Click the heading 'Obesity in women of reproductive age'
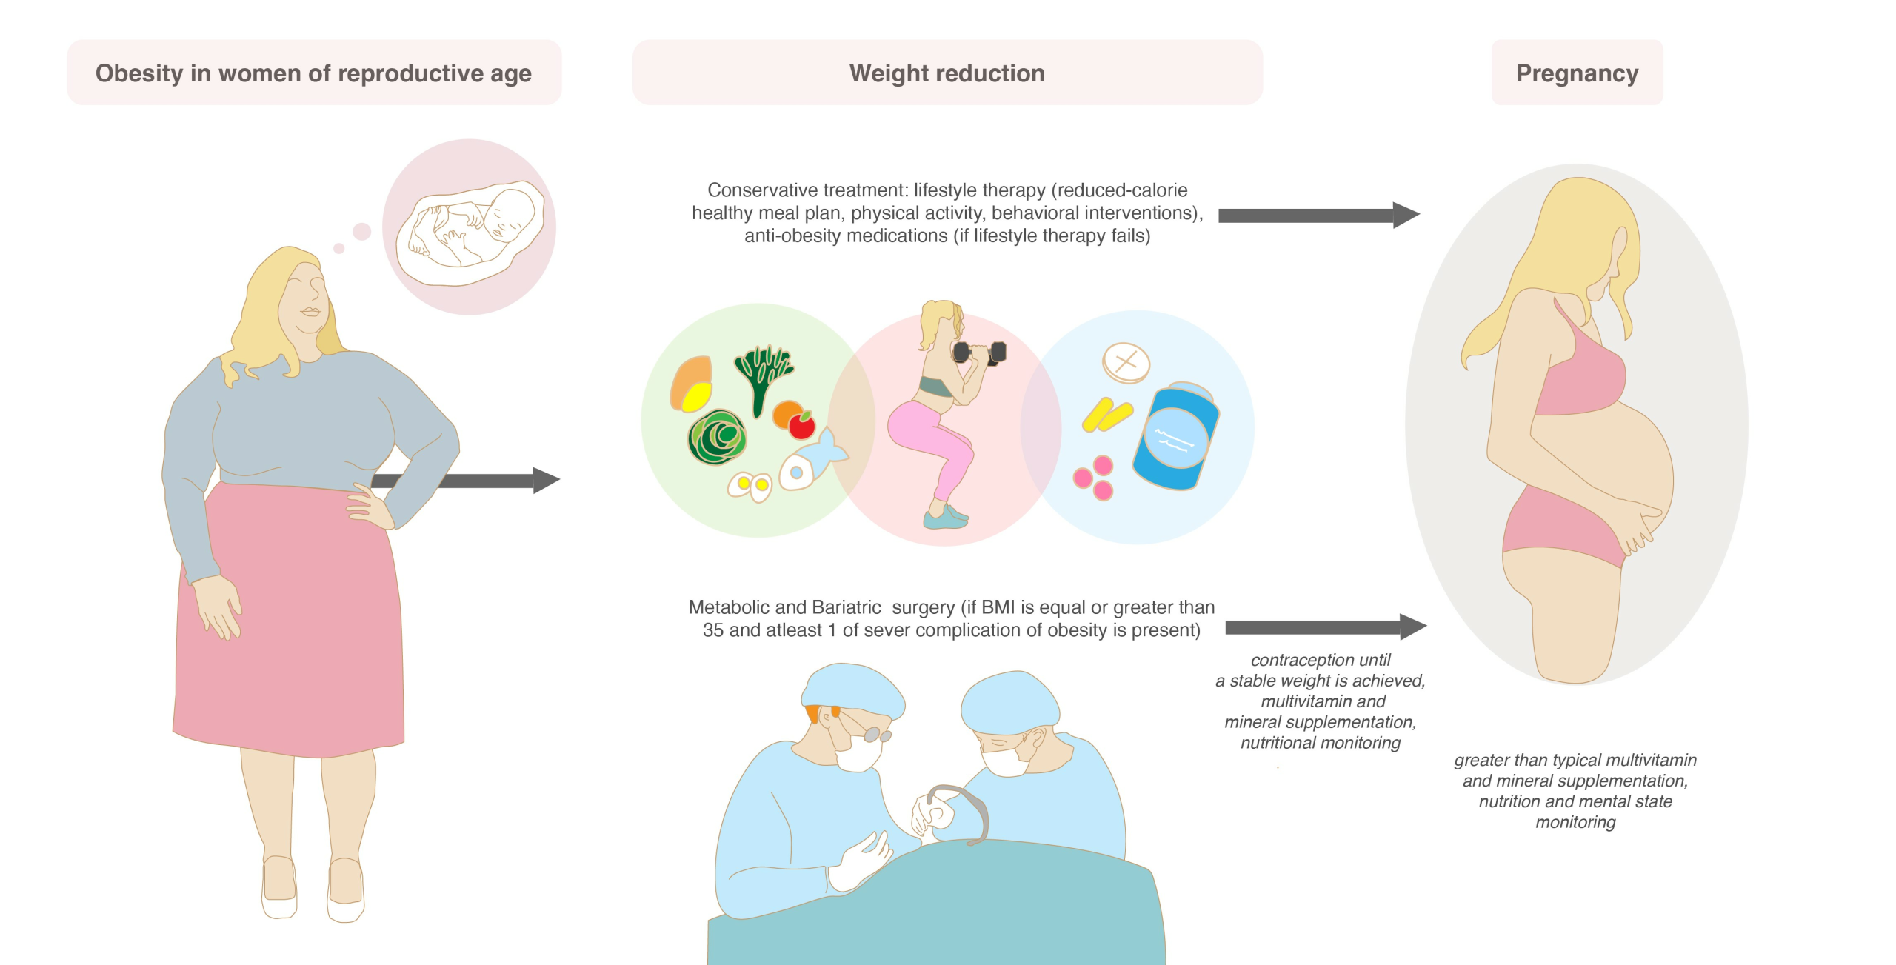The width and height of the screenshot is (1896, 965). pyautogui.click(x=313, y=73)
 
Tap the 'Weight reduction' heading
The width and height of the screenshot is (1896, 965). pyautogui.click(x=947, y=73)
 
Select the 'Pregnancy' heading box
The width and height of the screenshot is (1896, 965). pyautogui.click(x=1577, y=73)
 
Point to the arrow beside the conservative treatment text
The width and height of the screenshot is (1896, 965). pyautogui.click(x=1318, y=216)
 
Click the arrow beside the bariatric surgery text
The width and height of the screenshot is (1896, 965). pyautogui.click(x=1326, y=627)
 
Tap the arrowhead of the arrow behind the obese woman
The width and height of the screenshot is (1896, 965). pyautogui.click(x=547, y=480)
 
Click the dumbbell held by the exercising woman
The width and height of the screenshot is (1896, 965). pyautogui.click(x=979, y=353)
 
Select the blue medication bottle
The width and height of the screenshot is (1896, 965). pyautogui.click(x=1176, y=436)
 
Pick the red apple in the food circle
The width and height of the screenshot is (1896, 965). pyautogui.click(x=801, y=425)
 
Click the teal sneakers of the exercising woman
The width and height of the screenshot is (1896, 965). pyautogui.click(x=946, y=516)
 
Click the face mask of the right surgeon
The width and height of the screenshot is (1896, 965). pyautogui.click(x=1004, y=758)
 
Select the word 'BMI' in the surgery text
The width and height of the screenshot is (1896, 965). pyautogui.click(x=998, y=607)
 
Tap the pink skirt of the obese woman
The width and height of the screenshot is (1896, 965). pyautogui.click(x=289, y=622)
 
